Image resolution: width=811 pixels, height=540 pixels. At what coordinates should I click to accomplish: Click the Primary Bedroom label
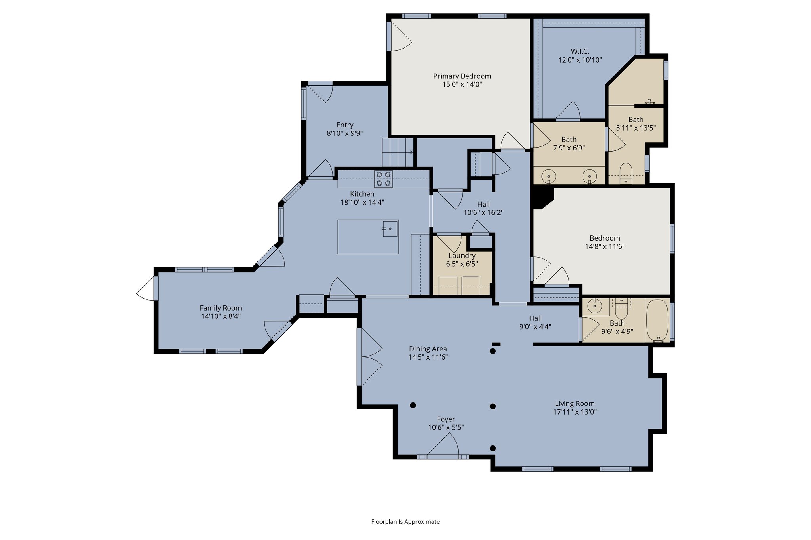tap(462, 76)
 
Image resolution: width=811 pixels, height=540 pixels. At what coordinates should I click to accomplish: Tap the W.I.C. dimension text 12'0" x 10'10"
tap(580, 60)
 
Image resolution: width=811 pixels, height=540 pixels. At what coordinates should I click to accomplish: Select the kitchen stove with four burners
tap(383, 178)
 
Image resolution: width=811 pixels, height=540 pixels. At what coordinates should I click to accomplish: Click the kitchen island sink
tap(390, 229)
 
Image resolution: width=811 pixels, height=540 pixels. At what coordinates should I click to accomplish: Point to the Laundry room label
tap(462, 256)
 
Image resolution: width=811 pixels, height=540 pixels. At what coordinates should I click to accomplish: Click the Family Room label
tap(221, 308)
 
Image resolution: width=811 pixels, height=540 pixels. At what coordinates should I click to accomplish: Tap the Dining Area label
tap(428, 349)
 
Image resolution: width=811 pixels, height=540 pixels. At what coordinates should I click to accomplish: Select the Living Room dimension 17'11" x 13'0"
tap(575, 412)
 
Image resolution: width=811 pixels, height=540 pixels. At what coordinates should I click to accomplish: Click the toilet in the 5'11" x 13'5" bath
tap(626, 173)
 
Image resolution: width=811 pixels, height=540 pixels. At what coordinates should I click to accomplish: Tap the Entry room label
tap(345, 125)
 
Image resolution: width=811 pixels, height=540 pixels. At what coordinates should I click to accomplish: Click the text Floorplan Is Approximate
tap(405, 521)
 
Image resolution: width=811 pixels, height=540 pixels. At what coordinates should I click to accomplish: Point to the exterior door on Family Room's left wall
tap(147, 289)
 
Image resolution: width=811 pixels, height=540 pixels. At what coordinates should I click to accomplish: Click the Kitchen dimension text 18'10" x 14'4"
tap(362, 202)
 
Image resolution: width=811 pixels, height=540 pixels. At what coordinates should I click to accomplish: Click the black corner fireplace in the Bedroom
tap(542, 197)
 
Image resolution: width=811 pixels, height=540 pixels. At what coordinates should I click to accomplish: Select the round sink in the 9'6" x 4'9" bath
tap(594, 306)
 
